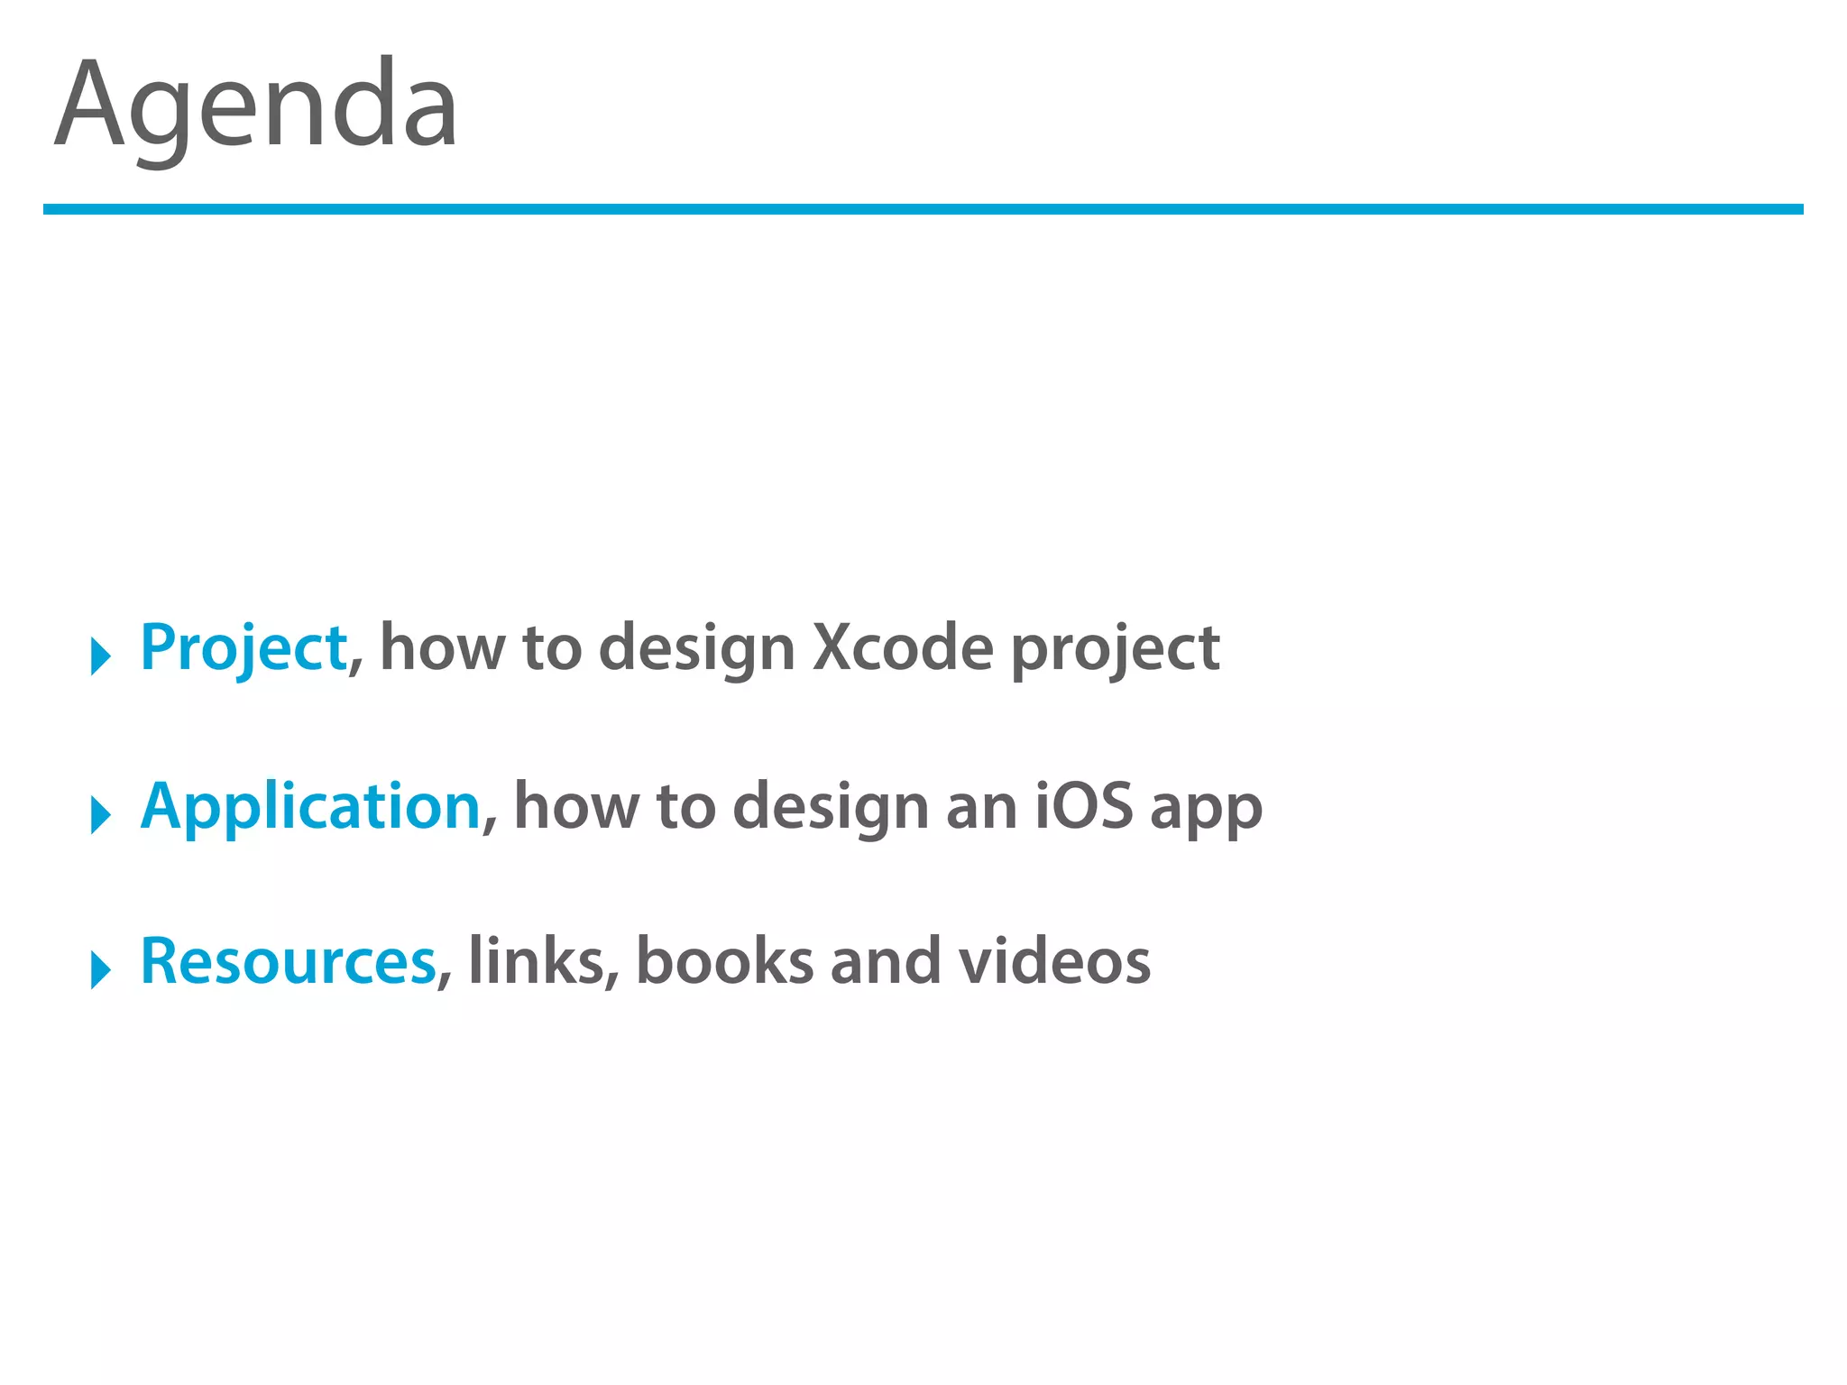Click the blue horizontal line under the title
pos(923,209)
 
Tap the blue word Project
pos(244,647)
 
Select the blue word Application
pos(311,806)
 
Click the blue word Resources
pos(289,961)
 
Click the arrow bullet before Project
pos(100,656)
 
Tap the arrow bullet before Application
pos(100,814)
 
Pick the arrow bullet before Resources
pos(100,969)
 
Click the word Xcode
pos(902,647)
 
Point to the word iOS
pos(1083,806)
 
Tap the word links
pos(536,961)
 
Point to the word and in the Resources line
pos(885,961)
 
